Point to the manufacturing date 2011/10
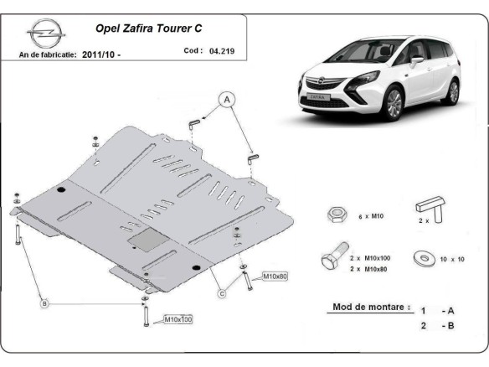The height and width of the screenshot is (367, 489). click(x=102, y=54)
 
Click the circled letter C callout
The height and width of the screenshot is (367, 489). click(x=222, y=292)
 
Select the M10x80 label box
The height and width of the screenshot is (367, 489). click(x=275, y=276)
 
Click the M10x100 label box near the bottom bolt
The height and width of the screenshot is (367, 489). click(x=178, y=319)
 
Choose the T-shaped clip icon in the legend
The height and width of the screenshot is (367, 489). click(x=430, y=210)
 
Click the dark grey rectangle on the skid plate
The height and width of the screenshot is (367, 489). click(x=146, y=237)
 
